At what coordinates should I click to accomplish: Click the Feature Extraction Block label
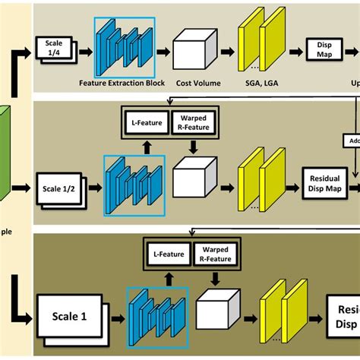[x=124, y=79]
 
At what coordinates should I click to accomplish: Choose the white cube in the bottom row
[x=215, y=312]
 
